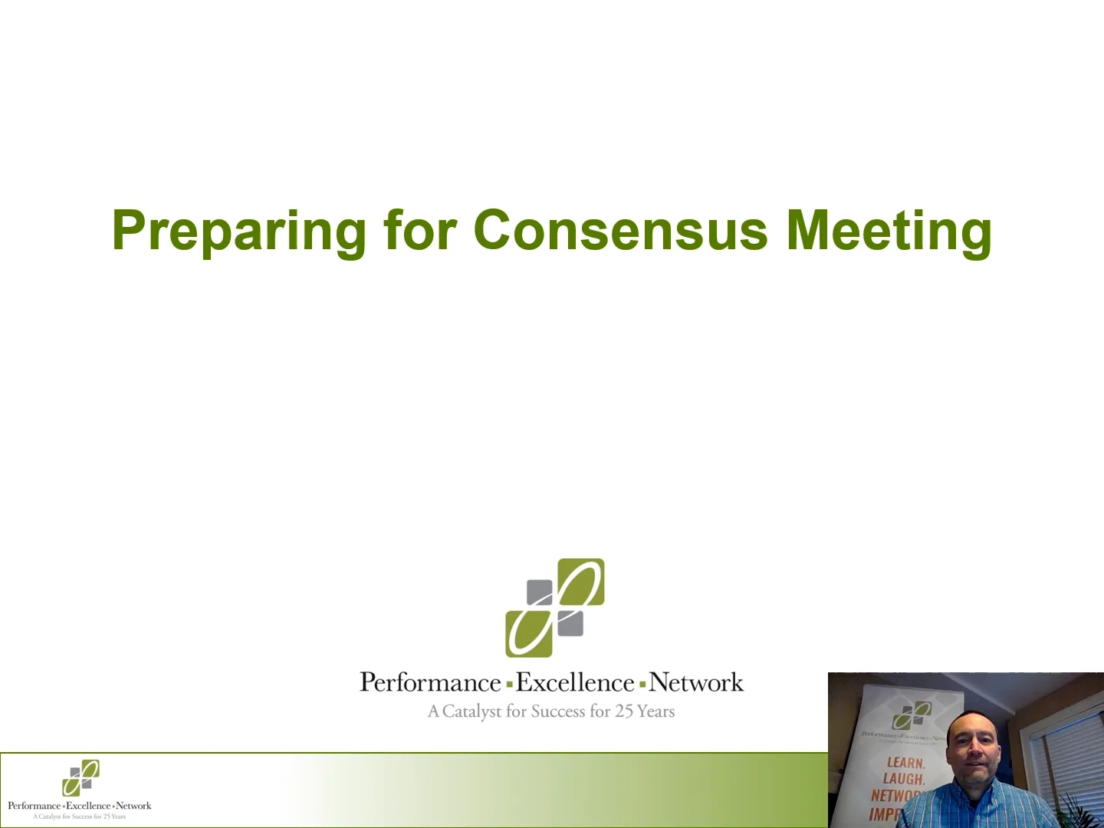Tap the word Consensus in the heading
point(621,230)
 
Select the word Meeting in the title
point(889,230)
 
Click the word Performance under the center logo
point(430,682)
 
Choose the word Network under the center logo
point(696,682)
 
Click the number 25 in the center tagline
point(624,711)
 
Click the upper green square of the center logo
point(580,582)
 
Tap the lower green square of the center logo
point(529,632)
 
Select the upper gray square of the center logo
point(540,593)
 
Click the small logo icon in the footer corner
point(80,778)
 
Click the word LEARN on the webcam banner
point(906,763)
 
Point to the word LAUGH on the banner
point(905,779)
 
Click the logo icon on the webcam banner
point(912,716)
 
